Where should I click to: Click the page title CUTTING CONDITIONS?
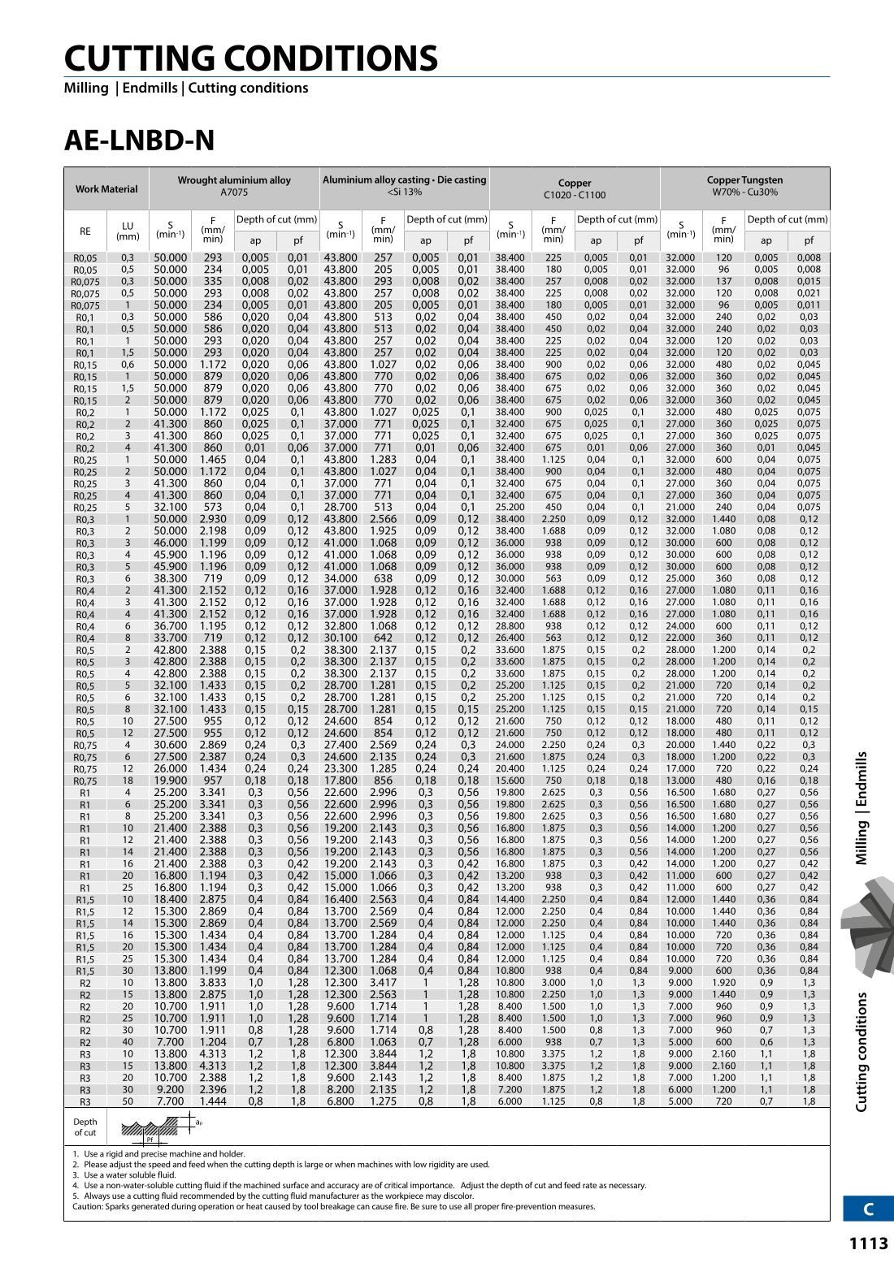click(251, 58)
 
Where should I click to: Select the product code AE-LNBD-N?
click(139, 141)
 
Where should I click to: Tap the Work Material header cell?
click(106, 189)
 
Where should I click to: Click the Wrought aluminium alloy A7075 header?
click(234, 186)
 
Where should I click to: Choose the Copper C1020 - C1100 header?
click(575, 188)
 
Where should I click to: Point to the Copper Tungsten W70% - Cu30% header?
click(744, 186)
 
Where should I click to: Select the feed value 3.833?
click(213, 982)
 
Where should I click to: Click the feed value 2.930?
click(213, 519)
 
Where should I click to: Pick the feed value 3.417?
click(383, 982)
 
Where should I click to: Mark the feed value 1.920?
click(723, 982)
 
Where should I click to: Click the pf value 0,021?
click(808, 293)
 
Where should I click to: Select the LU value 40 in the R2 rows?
click(128, 1041)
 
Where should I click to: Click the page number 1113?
click(868, 1244)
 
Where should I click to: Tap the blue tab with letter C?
click(868, 1209)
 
